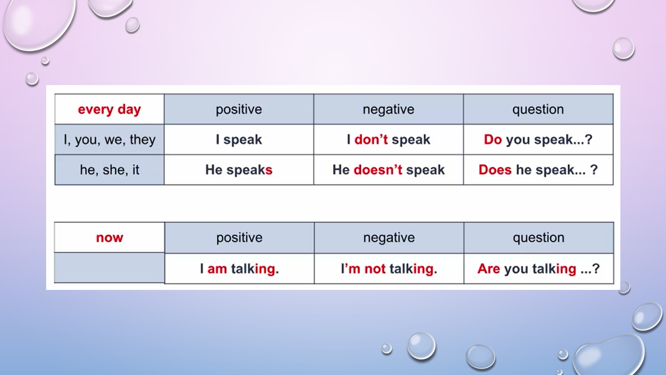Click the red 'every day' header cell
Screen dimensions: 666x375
(110, 110)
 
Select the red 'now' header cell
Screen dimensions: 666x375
(110, 237)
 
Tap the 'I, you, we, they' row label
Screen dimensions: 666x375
(110, 140)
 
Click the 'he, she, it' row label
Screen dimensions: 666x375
(110, 170)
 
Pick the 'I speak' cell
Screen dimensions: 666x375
(239, 139)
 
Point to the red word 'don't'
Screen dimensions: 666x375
(371, 139)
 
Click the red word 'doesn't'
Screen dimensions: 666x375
(378, 170)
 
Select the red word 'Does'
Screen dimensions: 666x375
(495, 170)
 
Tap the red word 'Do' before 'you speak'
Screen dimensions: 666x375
(493, 139)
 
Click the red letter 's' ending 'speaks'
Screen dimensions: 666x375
(269, 170)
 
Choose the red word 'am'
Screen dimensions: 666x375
(217, 269)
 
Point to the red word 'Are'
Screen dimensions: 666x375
(489, 269)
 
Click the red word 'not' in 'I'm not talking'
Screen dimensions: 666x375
(375, 269)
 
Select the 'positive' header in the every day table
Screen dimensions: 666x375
(239, 110)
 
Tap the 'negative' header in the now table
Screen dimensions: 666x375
(389, 237)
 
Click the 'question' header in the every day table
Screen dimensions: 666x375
(538, 110)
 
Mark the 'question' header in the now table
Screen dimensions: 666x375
(539, 237)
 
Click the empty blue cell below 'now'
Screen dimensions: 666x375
(110, 268)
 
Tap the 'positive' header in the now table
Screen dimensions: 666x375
(239, 237)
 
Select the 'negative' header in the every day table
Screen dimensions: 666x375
(389, 110)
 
